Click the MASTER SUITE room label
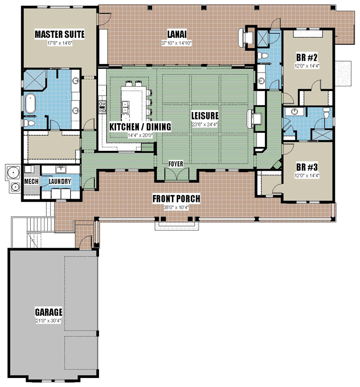[60, 34]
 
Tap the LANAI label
[177, 34]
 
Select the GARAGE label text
[49, 312]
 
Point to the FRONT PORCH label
[176, 198]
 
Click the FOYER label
[176, 164]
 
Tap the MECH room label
[31, 181]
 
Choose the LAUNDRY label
[60, 181]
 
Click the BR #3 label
[307, 167]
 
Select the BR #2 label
[307, 57]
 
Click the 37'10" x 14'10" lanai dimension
[177, 43]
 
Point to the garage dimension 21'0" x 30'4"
[48, 321]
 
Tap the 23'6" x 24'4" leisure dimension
[205, 124]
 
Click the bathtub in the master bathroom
[30, 103]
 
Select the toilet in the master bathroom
[29, 123]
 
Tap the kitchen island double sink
[126, 107]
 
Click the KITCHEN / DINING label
[140, 127]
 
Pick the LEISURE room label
[205, 116]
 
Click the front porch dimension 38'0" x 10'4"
[176, 208]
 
